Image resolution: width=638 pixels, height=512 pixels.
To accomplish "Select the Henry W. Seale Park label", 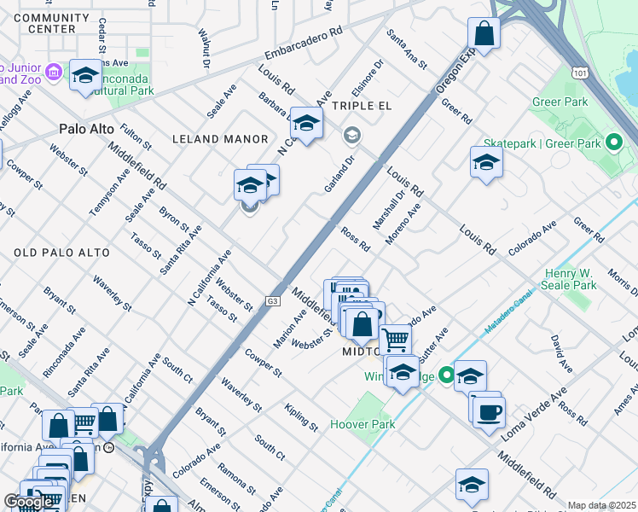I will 571,279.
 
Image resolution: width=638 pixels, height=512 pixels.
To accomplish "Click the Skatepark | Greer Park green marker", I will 612,142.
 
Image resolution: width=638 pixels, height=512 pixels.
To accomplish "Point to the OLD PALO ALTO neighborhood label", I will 62,253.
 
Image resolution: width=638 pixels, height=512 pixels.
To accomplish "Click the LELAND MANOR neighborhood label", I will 220,138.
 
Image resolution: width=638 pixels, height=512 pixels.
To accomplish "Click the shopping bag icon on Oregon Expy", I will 484,34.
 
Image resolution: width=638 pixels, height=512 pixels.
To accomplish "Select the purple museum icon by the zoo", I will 54,73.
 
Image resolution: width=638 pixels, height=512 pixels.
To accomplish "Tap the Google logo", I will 29,502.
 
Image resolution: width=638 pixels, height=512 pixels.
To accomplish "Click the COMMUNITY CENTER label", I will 51,23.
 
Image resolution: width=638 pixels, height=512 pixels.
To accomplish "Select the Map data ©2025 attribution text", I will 601,505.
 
